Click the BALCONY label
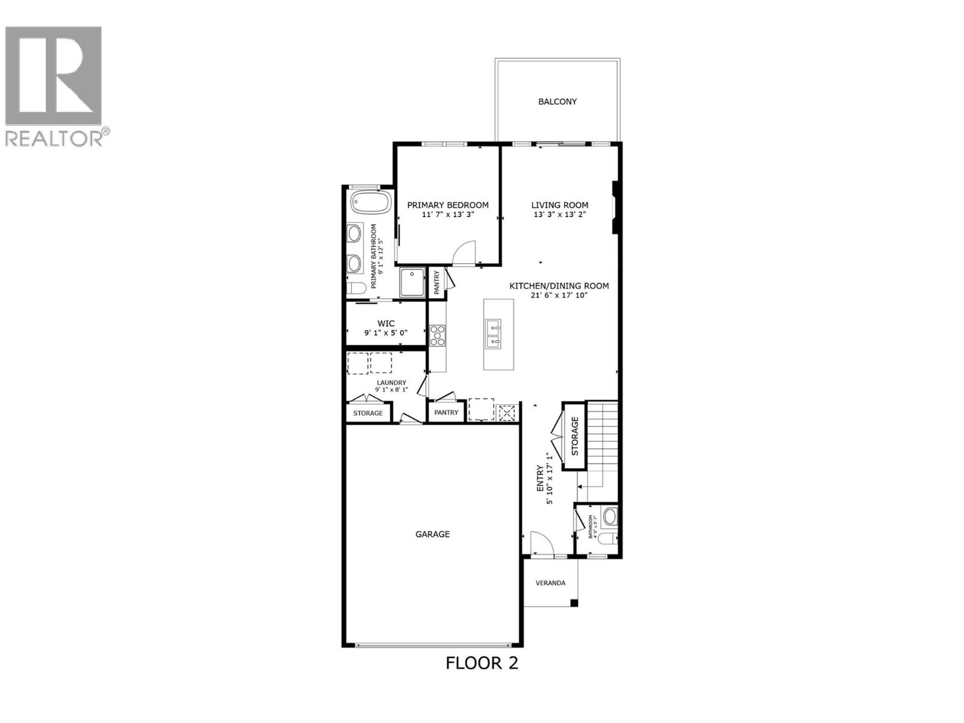[x=557, y=102]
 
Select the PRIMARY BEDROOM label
[x=448, y=205]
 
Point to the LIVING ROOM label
[x=560, y=205]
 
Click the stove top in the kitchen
[x=437, y=335]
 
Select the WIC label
[x=386, y=324]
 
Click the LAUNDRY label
[x=392, y=383]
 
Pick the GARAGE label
[x=433, y=534]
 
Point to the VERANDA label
[x=551, y=583]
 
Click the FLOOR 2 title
[x=482, y=663]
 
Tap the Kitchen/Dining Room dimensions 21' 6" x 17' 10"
[x=559, y=295]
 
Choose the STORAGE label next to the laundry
[x=368, y=413]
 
